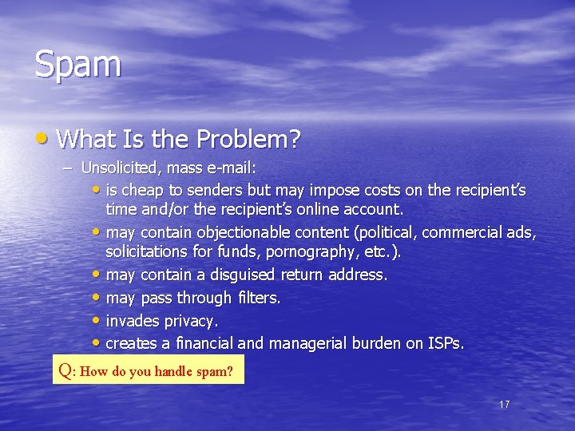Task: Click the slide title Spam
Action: [77, 64]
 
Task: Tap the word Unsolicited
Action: [115, 168]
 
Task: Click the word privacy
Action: [191, 321]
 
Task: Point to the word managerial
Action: [306, 343]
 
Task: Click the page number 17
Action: [504, 405]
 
